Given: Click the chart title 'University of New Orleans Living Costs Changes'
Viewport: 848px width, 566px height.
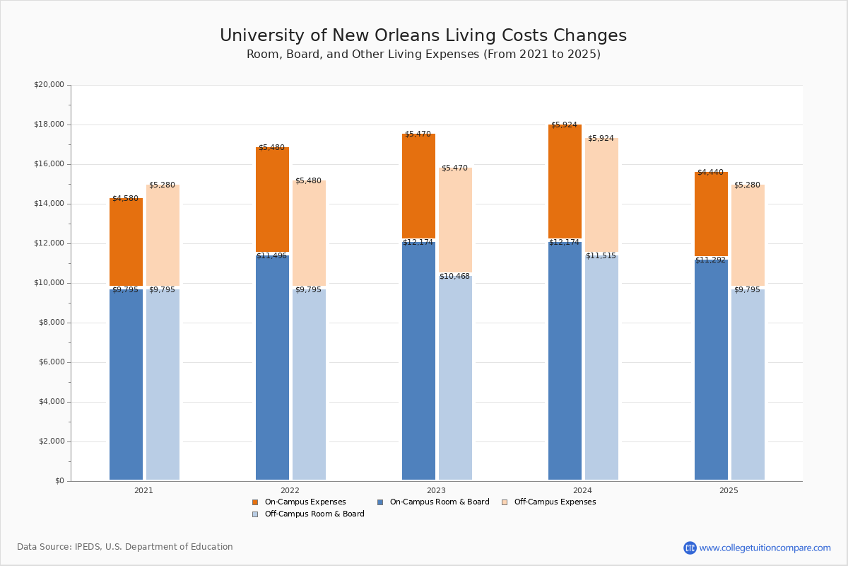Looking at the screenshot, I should pos(423,36).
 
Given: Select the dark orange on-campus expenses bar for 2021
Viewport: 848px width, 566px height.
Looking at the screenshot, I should pos(126,242).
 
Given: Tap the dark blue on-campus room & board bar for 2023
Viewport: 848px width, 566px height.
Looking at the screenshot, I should pos(418,361).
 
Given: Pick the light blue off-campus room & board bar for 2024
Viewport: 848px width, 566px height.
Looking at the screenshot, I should pos(601,368).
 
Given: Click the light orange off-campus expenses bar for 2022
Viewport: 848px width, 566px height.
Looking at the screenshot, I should pos(309,233).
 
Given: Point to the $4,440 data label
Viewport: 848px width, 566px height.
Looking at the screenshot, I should pos(710,173).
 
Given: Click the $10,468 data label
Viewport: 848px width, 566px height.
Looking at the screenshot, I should pos(454,277).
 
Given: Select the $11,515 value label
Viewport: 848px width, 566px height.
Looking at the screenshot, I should pos(601,256).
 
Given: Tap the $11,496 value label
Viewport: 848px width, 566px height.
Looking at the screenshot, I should pos(272,256).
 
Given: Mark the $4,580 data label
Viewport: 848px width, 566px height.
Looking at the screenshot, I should pos(125,199).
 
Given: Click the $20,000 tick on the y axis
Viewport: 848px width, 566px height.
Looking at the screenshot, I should pos(49,85).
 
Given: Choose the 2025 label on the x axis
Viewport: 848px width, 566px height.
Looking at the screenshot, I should pos(729,490).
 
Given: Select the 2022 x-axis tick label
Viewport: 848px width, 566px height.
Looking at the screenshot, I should pos(290,490).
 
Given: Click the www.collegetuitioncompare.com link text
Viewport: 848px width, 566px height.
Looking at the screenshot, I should pos(765,548).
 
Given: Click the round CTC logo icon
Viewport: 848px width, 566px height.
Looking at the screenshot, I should pos(690,548).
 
